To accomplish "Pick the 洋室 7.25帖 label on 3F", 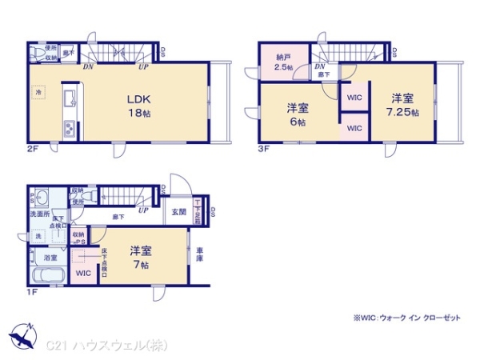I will click(x=402, y=105).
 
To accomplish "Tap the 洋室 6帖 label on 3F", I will click(x=298, y=114).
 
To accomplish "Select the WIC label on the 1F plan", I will click(x=82, y=274).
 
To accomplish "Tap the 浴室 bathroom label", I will click(x=50, y=258).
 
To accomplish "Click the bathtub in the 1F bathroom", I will click(x=48, y=277).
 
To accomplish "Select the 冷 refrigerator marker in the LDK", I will click(x=38, y=93).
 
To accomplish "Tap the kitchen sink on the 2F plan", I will click(x=68, y=98).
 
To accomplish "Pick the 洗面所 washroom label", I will click(x=41, y=214).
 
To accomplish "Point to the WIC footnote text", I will click(x=406, y=318).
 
